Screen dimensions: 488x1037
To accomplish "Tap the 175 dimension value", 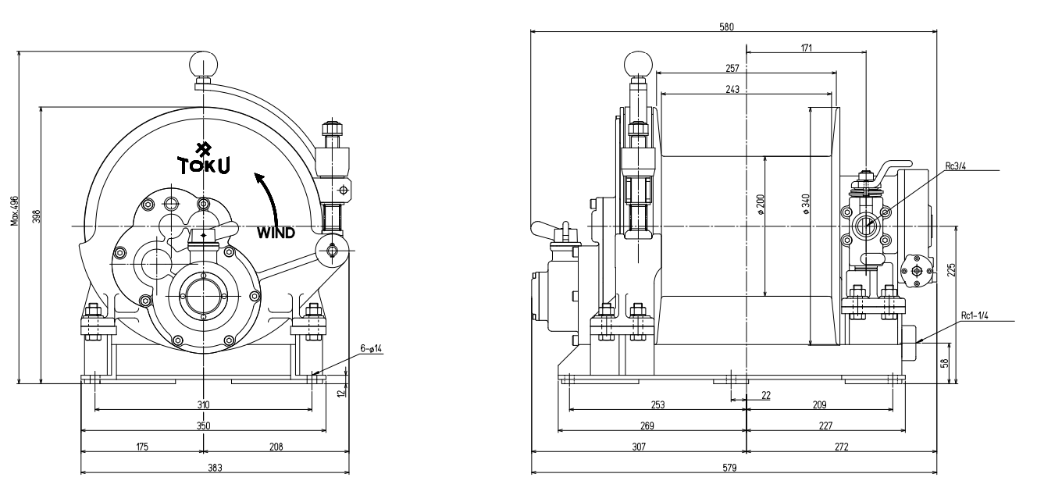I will click(x=141, y=447).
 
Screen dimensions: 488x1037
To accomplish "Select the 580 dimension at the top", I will click(x=726, y=27).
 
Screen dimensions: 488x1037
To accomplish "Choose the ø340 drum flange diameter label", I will click(x=805, y=204).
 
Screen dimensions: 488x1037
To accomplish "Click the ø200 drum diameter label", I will click(x=760, y=204).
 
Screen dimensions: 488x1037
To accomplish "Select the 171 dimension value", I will click(x=806, y=48).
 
